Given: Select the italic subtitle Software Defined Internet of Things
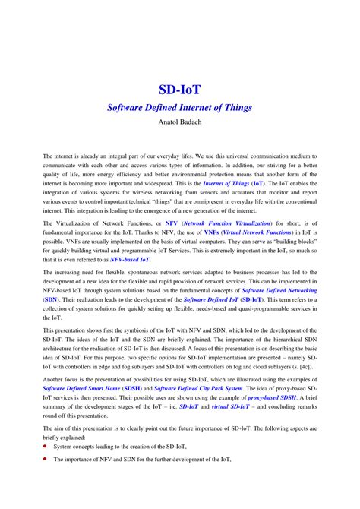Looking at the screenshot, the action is pos(179,108).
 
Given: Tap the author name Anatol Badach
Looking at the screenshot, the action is pos(179,122).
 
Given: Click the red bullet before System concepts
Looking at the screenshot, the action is pos(46,449).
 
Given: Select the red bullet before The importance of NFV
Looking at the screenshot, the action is pos(46,459).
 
